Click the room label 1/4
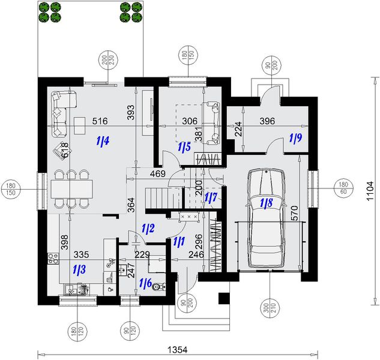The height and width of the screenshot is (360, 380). (x=103, y=141)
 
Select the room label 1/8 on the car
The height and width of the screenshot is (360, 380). (x=267, y=203)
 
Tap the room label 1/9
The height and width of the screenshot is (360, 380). (x=296, y=138)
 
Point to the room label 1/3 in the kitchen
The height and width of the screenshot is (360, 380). (x=79, y=269)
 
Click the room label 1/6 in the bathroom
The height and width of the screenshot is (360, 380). (x=146, y=283)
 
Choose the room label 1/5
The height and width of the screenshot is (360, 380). (x=184, y=146)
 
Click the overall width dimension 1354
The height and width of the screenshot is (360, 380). (x=178, y=350)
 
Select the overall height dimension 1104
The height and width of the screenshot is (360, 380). (x=370, y=191)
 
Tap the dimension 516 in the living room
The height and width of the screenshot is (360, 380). (x=100, y=121)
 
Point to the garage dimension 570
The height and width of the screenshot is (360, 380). (x=294, y=213)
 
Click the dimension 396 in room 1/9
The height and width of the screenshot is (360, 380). (x=267, y=121)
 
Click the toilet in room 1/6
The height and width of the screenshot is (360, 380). (x=159, y=287)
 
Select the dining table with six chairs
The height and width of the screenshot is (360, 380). (x=71, y=189)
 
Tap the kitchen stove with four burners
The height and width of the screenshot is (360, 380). (x=53, y=258)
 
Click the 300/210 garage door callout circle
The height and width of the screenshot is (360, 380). (x=270, y=308)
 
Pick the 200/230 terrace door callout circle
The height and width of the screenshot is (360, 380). (x=108, y=60)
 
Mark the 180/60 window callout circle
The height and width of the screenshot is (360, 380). (x=343, y=188)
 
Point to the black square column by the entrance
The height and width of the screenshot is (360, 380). (x=224, y=298)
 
